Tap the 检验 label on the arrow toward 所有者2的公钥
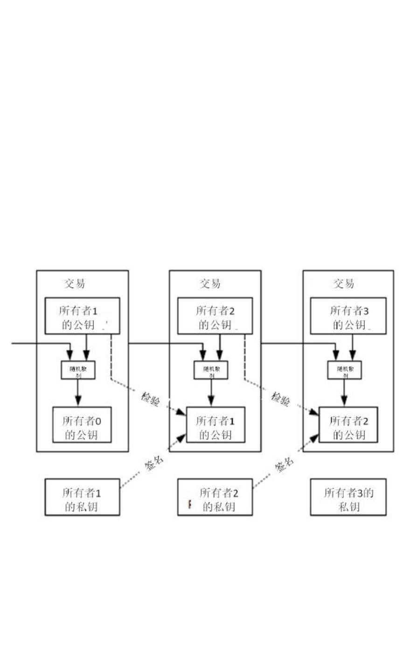(281, 399)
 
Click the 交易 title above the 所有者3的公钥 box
(343, 283)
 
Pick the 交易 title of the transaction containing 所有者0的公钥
(74, 283)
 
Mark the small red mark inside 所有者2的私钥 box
(189, 504)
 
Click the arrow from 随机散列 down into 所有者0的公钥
(78, 393)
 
